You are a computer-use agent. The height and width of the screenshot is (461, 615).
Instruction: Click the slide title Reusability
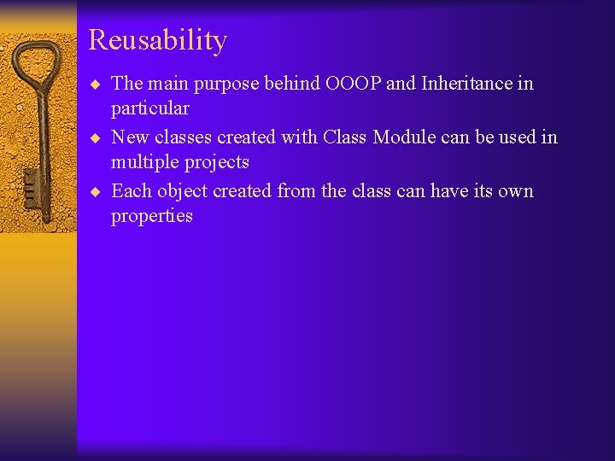[157, 40]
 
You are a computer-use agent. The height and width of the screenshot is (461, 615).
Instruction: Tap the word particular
[149, 109]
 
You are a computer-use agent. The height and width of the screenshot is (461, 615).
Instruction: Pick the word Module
[405, 137]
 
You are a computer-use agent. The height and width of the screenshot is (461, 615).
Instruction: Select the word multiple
[146, 162]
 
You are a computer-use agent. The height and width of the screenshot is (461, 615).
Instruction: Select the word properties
[151, 216]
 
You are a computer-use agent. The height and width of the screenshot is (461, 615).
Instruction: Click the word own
[515, 190]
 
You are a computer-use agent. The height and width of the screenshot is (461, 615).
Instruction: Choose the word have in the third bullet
[453, 190]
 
